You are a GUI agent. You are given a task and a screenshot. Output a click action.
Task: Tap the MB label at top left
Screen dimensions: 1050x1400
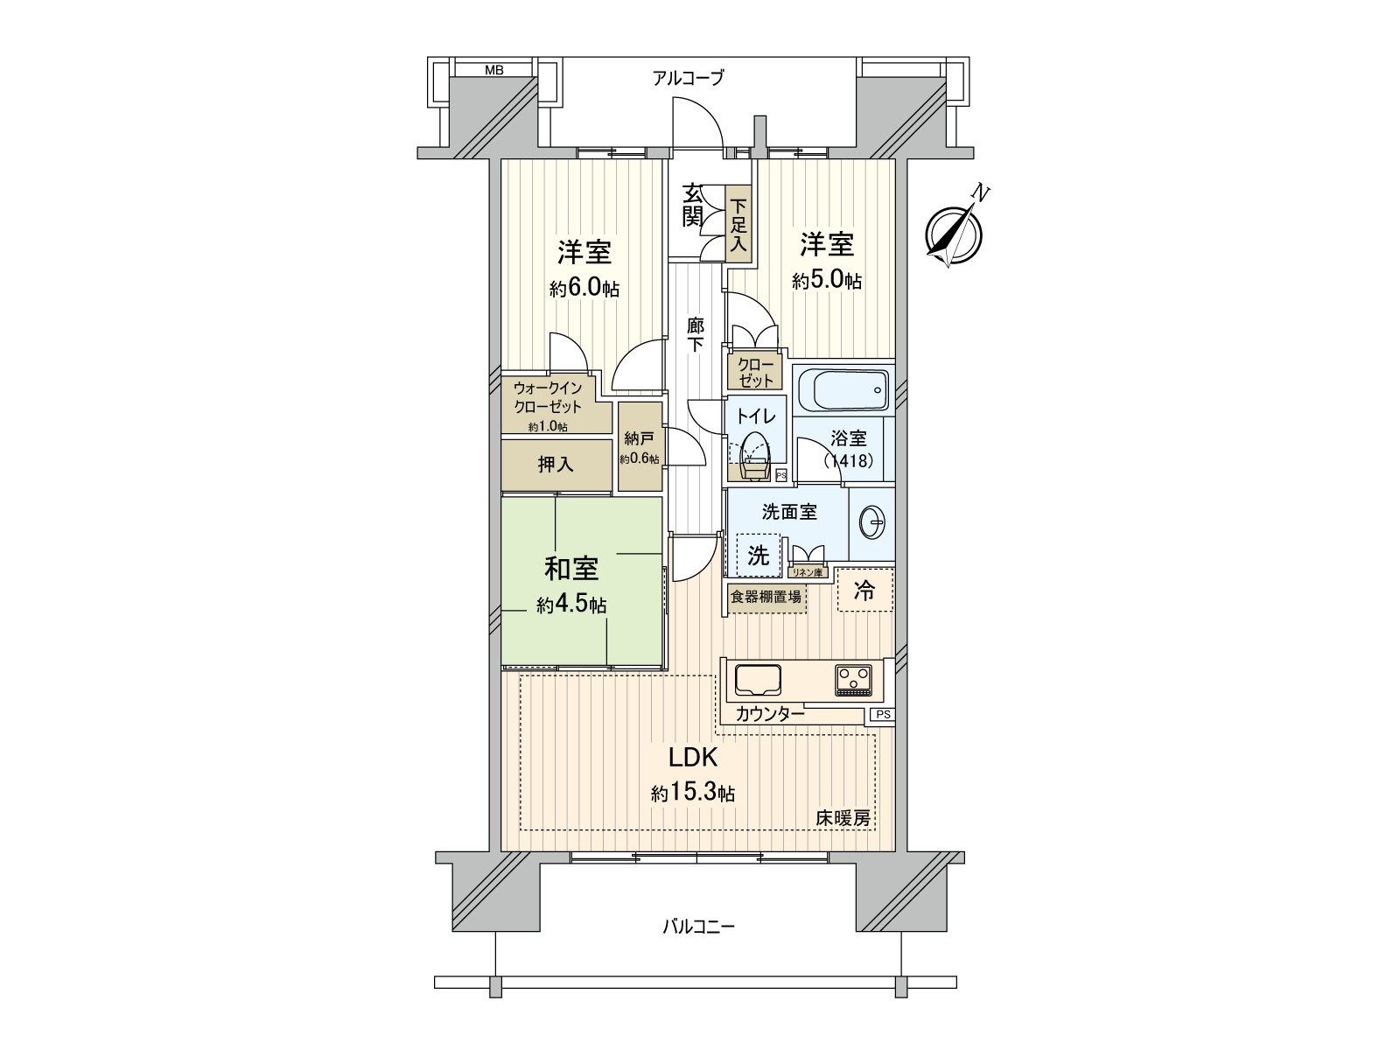(x=494, y=71)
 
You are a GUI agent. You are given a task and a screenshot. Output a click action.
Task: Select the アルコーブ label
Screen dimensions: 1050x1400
(x=689, y=78)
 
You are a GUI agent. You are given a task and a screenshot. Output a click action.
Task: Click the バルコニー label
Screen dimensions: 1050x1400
(x=697, y=926)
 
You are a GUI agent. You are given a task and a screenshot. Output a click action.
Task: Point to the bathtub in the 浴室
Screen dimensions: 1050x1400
(x=841, y=389)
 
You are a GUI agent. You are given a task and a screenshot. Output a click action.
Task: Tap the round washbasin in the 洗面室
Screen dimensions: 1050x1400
(x=872, y=524)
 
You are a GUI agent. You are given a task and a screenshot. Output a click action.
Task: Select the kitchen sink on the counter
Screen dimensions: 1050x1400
(x=758, y=679)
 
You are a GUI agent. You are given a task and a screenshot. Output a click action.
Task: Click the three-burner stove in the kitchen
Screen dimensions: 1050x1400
(x=853, y=679)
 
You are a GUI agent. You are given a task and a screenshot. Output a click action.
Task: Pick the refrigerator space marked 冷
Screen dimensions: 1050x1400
(x=864, y=591)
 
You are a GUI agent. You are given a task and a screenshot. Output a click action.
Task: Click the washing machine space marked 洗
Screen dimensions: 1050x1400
(x=758, y=556)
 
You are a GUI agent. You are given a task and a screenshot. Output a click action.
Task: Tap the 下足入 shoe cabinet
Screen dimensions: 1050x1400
(x=739, y=226)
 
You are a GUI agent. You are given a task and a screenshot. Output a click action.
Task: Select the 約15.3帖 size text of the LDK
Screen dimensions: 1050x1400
(x=692, y=794)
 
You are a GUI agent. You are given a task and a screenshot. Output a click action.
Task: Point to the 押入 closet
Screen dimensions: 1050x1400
(x=556, y=465)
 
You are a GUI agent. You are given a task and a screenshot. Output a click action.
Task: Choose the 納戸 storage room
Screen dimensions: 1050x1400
(x=640, y=446)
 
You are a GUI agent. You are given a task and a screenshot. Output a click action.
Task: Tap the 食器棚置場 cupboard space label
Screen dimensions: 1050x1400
(x=766, y=598)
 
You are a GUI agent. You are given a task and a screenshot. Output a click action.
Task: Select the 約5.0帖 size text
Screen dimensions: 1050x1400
(x=827, y=281)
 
